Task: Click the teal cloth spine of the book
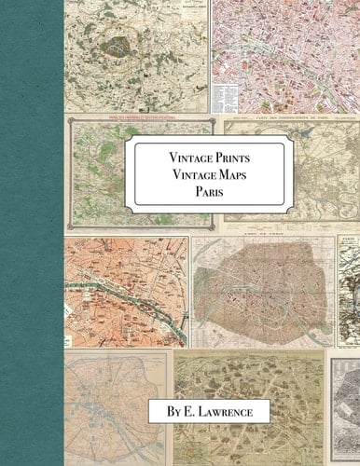click(32, 233)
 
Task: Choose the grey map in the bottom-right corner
click(345, 410)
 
